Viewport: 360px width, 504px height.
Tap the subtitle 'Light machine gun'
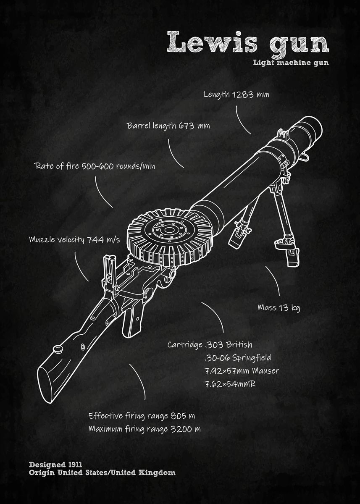point(291,63)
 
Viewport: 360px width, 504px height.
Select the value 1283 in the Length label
point(243,94)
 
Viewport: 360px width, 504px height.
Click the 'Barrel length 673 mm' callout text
point(168,126)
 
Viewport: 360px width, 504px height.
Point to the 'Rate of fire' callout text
point(95,166)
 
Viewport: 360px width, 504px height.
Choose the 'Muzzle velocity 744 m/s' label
point(74,240)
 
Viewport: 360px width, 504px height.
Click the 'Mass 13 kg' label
point(279,308)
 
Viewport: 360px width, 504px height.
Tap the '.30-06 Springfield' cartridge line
point(237,358)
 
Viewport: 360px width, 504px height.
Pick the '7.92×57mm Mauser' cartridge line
point(241,371)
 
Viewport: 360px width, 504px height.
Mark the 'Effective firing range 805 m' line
point(142,416)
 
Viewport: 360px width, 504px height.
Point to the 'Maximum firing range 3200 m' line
point(144,429)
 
